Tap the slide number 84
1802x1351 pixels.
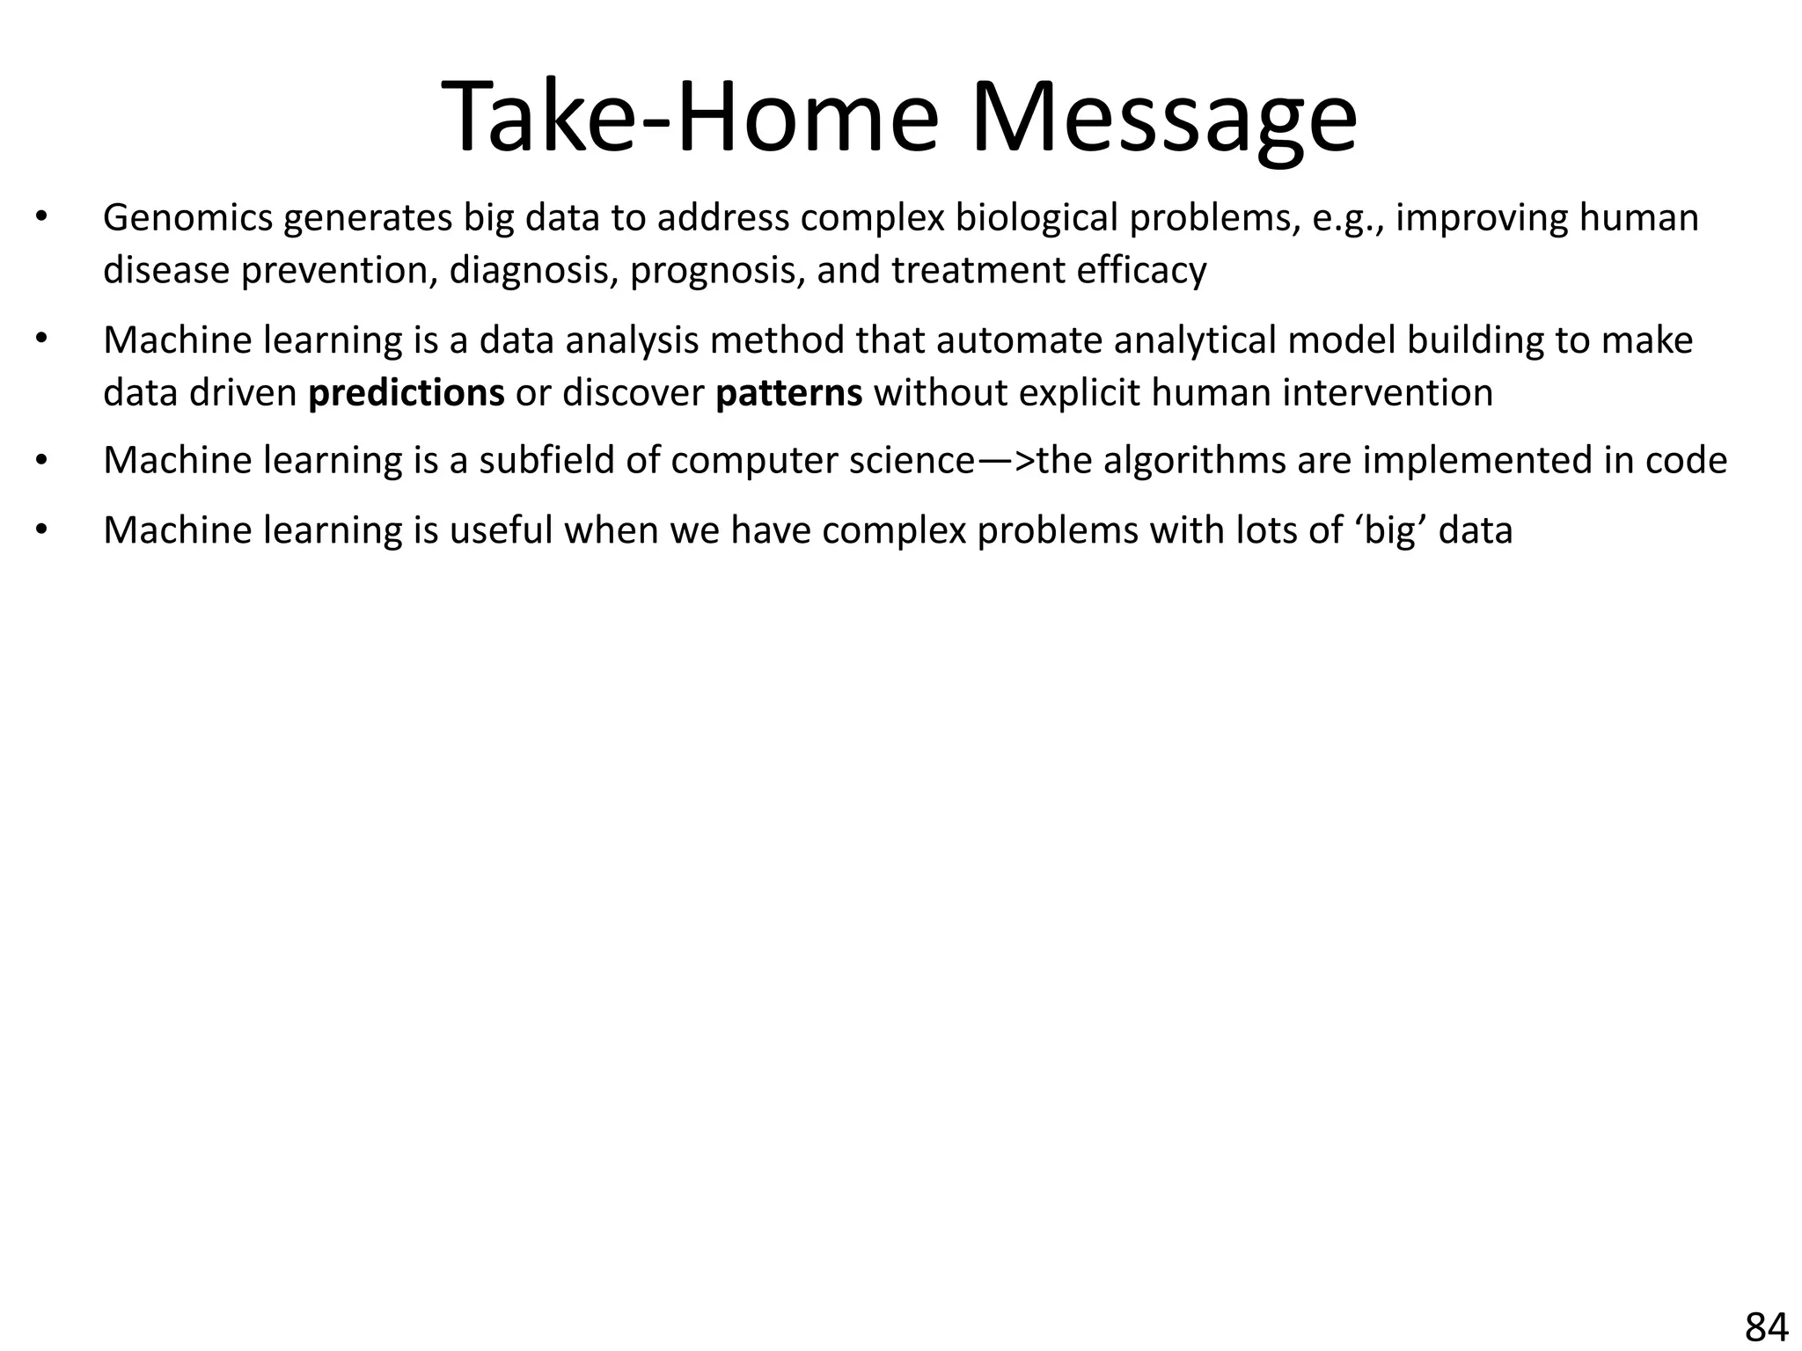pos(1766,1326)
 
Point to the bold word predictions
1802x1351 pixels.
pos(406,393)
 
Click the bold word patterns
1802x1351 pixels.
pos(788,393)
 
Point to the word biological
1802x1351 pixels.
pos(1036,218)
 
